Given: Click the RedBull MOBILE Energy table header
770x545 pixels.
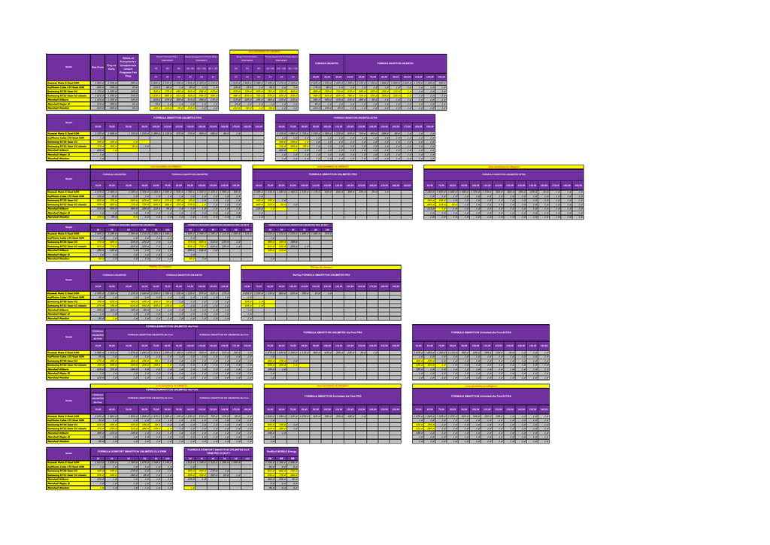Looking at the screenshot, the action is [x=282, y=451].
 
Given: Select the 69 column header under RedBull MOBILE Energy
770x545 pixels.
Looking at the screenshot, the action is [x=293, y=458].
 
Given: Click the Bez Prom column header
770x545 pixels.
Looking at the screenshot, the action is [x=97, y=67].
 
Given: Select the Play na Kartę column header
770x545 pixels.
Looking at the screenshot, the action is [x=111, y=67].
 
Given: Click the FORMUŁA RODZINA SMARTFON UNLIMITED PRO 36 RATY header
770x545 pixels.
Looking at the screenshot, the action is [x=300, y=224].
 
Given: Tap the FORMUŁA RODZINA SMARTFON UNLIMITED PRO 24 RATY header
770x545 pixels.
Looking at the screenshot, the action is [x=218, y=224].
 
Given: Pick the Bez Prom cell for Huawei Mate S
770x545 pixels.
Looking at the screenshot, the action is [x=97, y=83].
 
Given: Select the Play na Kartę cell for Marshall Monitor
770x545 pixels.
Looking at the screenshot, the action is [x=111, y=108].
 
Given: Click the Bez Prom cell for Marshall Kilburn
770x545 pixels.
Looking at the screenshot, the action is [x=97, y=100].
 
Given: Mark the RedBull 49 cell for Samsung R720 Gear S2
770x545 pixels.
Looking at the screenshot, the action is [x=282, y=471].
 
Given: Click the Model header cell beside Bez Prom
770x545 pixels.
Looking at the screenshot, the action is [x=68, y=67].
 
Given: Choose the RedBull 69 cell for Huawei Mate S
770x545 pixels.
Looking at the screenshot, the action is [x=293, y=462].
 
